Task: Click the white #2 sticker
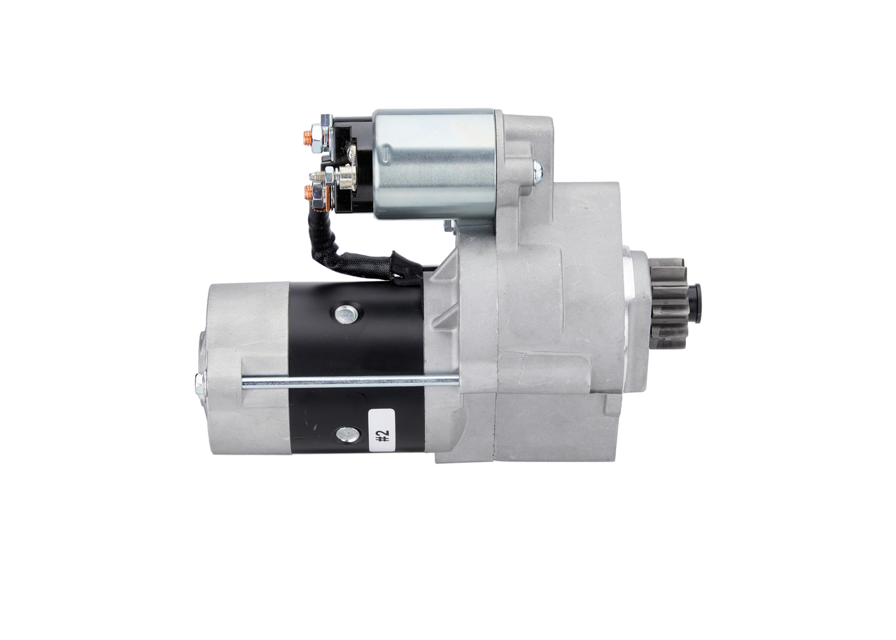[381, 433]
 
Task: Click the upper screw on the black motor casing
[345, 314]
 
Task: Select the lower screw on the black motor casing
[345, 434]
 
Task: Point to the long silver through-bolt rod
[350, 382]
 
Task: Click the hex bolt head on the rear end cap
[199, 383]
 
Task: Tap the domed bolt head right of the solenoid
[537, 171]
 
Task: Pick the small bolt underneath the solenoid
[448, 225]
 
